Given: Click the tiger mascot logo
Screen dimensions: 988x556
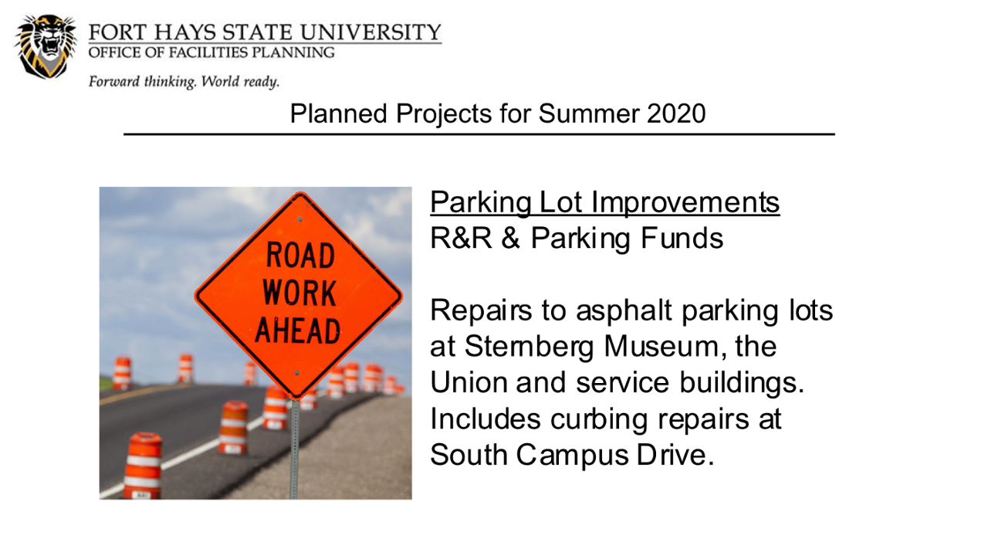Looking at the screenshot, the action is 46,46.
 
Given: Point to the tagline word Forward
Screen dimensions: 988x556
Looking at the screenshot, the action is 114,82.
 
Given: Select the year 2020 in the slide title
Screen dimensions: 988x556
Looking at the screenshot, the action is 676,114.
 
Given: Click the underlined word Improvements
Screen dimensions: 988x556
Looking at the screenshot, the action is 685,202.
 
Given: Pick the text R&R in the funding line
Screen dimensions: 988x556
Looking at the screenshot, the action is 461,239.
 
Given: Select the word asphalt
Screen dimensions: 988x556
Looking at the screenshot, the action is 624,311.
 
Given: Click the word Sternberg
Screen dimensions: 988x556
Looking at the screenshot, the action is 530,347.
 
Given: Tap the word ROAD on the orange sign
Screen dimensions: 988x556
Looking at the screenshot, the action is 300,255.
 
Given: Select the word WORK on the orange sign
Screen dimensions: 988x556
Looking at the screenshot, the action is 299,293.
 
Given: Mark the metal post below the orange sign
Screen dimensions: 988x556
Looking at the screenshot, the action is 295,449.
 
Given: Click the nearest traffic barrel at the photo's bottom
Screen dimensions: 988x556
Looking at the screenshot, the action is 143,466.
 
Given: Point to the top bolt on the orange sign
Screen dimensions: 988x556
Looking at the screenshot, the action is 300,219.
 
